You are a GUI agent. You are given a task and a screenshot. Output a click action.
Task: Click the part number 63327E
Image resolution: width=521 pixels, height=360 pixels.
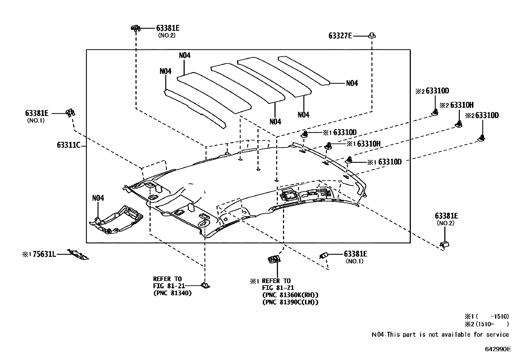[x=340, y=36]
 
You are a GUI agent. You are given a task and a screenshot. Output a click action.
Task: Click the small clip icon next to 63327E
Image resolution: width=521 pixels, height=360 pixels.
[x=372, y=35]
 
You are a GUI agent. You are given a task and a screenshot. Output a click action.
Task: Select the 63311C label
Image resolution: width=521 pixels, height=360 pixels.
[x=68, y=145]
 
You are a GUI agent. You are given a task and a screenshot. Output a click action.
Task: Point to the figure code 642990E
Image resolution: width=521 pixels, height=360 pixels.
[x=497, y=349]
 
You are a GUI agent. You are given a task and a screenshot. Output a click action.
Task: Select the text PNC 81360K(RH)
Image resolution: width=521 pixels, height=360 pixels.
[x=290, y=295]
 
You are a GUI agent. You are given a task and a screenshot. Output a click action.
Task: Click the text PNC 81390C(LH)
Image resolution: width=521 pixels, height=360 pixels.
[x=290, y=302]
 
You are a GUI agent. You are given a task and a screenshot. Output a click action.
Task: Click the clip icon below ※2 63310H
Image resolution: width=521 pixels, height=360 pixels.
[x=459, y=124]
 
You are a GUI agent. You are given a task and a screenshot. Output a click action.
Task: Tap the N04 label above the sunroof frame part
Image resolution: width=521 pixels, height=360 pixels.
[x=98, y=198]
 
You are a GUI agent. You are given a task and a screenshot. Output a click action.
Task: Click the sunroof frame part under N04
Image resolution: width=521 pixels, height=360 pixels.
[x=116, y=220]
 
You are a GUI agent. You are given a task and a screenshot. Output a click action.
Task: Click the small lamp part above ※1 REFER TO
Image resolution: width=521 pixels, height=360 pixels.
[x=274, y=259]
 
